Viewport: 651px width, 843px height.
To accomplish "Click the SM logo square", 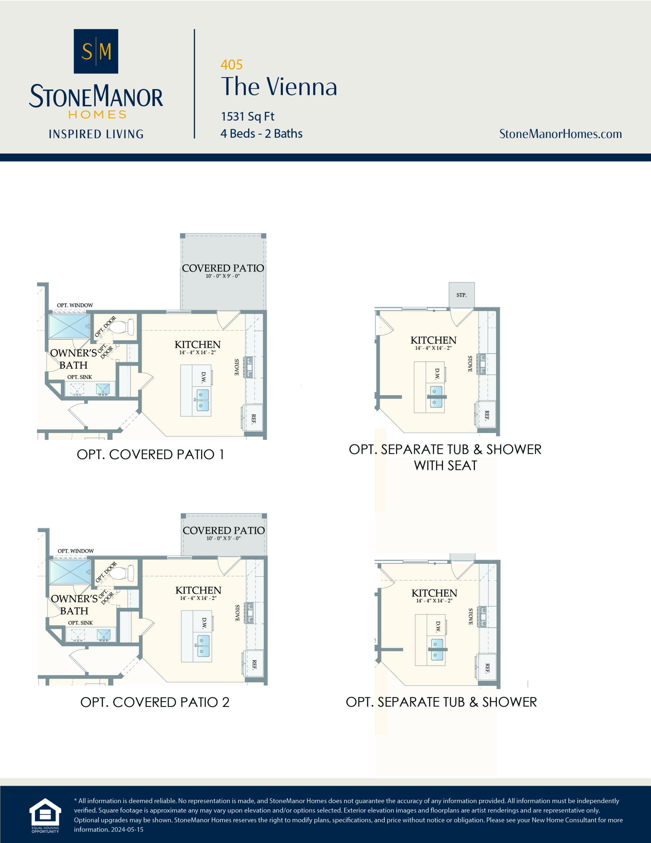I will pyautogui.click(x=96, y=51).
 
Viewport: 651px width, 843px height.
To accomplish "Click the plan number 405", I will pyautogui.click(x=231, y=65).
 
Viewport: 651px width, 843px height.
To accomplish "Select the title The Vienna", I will pyautogui.click(x=279, y=87).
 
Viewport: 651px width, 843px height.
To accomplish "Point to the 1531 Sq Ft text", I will pyautogui.click(x=247, y=116).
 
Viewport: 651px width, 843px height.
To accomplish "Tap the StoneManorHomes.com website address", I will pyautogui.click(x=560, y=134).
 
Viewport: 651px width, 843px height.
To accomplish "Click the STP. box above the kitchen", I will pyautogui.click(x=461, y=295).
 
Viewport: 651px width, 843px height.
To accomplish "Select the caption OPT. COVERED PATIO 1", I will pyautogui.click(x=150, y=454).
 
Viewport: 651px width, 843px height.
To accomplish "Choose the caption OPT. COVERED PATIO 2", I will pyautogui.click(x=155, y=702).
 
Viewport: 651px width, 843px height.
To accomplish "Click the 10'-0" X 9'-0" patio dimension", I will pyautogui.click(x=223, y=276).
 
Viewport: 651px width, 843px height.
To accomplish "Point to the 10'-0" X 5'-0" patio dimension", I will pyautogui.click(x=223, y=538).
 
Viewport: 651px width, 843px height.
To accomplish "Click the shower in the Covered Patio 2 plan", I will pyautogui.click(x=70, y=572).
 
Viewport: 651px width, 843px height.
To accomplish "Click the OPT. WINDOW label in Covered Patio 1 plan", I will pyautogui.click(x=75, y=305).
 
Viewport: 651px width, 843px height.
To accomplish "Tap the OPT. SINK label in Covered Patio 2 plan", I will pyautogui.click(x=80, y=623).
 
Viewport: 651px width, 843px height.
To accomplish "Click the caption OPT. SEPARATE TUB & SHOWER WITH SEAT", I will pyautogui.click(x=445, y=457).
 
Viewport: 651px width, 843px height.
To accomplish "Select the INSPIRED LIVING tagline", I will pyautogui.click(x=96, y=134).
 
